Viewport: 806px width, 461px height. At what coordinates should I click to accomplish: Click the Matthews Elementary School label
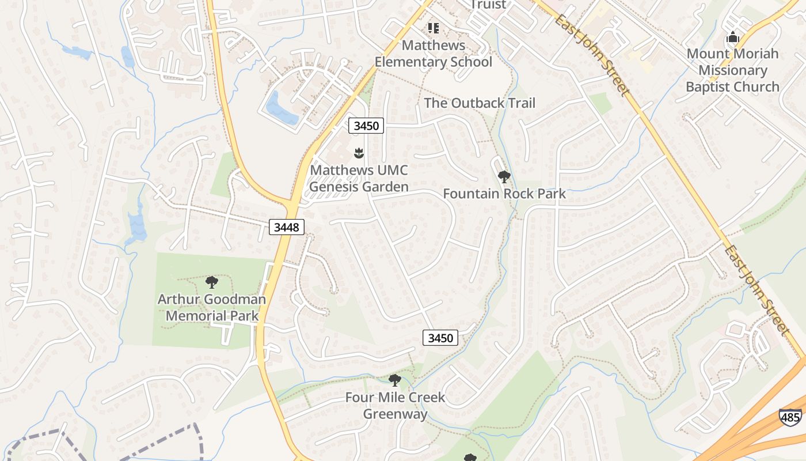pyautogui.click(x=433, y=54)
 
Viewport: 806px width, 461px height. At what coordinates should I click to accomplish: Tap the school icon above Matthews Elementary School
pyautogui.click(x=433, y=28)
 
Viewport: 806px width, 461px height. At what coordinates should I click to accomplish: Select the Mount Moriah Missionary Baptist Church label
pyautogui.click(x=732, y=70)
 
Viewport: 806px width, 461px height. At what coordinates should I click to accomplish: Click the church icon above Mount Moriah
pyautogui.click(x=732, y=37)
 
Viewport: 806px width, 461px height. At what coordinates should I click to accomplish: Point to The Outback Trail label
pyautogui.click(x=480, y=103)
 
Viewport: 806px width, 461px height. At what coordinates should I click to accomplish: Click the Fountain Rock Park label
pyautogui.click(x=504, y=194)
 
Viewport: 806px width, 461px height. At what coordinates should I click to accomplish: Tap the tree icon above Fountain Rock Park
pyautogui.click(x=504, y=176)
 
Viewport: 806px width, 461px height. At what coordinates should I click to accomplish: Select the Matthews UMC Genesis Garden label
pyautogui.click(x=359, y=179)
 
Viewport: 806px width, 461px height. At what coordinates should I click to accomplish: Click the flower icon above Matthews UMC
pyautogui.click(x=359, y=153)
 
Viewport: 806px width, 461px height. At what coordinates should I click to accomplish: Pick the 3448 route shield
pyautogui.click(x=286, y=227)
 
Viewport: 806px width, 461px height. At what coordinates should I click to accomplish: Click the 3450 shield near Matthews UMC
pyautogui.click(x=366, y=125)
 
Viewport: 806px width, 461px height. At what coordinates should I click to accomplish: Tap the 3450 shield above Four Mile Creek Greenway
pyautogui.click(x=440, y=338)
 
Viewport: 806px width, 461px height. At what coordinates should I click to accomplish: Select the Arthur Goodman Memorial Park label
pyautogui.click(x=212, y=308)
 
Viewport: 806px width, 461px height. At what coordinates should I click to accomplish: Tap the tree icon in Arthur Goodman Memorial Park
pyautogui.click(x=212, y=282)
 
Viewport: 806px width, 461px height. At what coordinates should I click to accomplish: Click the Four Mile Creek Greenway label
pyautogui.click(x=395, y=406)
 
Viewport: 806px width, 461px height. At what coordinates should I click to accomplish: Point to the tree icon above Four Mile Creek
pyautogui.click(x=394, y=380)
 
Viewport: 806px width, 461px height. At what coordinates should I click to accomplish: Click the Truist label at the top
pyautogui.click(x=488, y=5)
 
